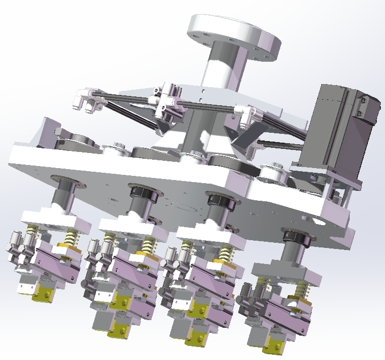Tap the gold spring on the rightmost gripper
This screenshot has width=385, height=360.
pos(301,290)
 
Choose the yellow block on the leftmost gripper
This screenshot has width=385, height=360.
pos(42,294)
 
